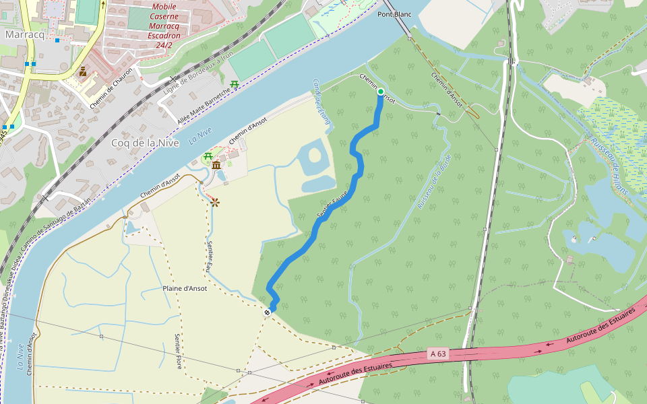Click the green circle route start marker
(381, 92)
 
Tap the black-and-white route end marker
(268, 312)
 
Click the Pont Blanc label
(394, 14)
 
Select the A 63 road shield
(437, 353)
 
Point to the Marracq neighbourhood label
(24, 34)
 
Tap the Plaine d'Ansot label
(185, 288)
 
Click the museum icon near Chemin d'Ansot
(216, 166)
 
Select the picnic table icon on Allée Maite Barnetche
(235, 85)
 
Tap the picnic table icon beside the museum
(208, 158)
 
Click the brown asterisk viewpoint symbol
(214, 201)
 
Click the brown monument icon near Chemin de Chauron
(83, 71)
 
